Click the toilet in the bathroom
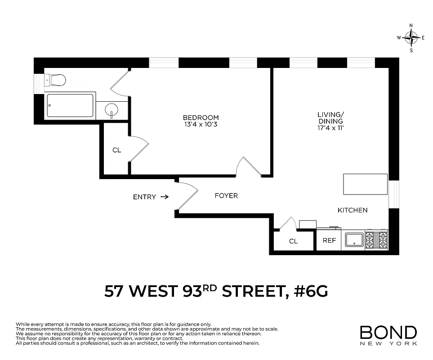point(57,81)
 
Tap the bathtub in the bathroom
point(70,105)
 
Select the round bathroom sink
point(111,109)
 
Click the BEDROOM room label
point(201,117)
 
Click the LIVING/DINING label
point(330,118)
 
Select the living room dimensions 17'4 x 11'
point(330,128)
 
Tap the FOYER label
point(226,196)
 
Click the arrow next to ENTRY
point(164,197)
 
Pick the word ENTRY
point(144,197)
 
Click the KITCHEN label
point(353,210)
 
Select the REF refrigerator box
point(329,241)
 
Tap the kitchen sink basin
point(355,240)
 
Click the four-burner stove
point(376,240)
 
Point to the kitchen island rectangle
point(365,184)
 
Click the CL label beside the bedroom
point(116,150)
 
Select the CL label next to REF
point(293,241)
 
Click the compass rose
point(411,38)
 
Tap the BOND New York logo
point(388,335)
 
